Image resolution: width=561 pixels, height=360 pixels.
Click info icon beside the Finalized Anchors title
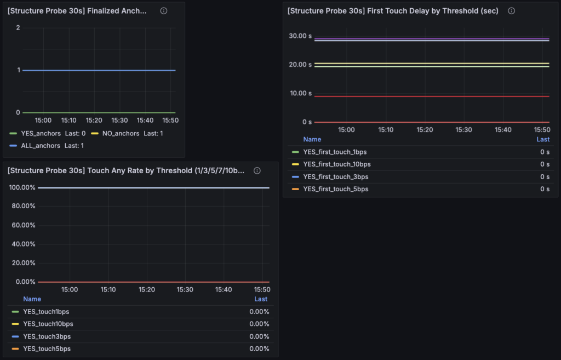click(x=164, y=11)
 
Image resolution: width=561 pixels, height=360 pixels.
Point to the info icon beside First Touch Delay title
click(x=511, y=11)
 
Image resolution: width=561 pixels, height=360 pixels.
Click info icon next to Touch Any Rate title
click(x=257, y=171)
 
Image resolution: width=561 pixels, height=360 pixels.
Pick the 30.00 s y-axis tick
click(x=300, y=36)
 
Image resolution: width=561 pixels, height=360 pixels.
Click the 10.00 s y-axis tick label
click(x=300, y=93)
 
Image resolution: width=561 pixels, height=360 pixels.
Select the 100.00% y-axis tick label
click(x=22, y=187)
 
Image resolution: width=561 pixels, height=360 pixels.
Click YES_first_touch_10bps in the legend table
click(x=336, y=164)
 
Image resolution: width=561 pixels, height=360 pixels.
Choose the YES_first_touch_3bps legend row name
click(x=335, y=177)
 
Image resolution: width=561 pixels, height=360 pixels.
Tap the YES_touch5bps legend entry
click(x=47, y=349)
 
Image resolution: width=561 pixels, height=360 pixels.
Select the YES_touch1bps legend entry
click(x=46, y=312)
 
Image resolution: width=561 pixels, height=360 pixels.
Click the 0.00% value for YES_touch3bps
click(x=259, y=336)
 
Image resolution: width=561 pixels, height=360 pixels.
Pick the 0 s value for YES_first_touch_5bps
click(x=545, y=189)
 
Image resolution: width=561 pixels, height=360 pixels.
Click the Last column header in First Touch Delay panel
click(x=543, y=139)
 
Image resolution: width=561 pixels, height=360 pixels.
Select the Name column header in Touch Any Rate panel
click(x=32, y=299)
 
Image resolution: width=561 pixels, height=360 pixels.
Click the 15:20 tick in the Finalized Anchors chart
click(x=94, y=121)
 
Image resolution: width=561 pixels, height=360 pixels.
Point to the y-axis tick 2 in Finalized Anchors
click(x=18, y=27)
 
